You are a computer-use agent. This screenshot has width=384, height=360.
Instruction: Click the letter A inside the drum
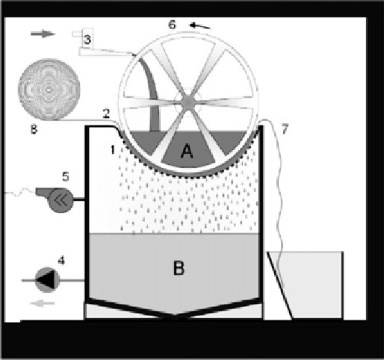(x=187, y=152)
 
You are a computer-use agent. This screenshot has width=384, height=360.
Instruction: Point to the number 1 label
(x=113, y=150)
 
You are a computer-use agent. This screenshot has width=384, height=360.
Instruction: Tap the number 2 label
(x=106, y=114)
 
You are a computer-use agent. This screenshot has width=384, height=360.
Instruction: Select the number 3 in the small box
(x=87, y=40)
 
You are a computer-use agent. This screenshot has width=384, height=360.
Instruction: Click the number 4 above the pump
(x=61, y=261)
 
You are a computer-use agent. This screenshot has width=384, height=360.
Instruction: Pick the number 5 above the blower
(x=66, y=176)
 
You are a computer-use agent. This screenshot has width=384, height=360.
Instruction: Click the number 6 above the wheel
(x=172, y=25)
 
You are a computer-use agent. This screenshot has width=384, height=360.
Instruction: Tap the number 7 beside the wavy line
(x=285, y=128)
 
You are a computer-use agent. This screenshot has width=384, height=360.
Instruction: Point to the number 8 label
(x=34, y=129)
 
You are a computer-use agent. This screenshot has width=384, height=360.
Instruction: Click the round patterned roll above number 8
(x=49, y=90)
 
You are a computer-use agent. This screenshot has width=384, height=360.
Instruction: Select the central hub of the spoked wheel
(x=188, y=102)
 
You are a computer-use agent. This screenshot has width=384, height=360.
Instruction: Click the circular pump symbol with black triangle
(x=47, y=280)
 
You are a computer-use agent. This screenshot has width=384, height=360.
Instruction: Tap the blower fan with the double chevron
(x=61, y=200)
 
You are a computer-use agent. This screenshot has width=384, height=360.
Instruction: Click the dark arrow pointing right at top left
(x=43, y=34)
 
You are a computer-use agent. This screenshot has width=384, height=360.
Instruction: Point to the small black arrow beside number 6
(x=200, y=25)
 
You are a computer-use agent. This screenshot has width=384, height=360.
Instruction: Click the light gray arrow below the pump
(x=42, y=303)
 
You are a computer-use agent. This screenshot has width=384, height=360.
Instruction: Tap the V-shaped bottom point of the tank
(x=175, y=317)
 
